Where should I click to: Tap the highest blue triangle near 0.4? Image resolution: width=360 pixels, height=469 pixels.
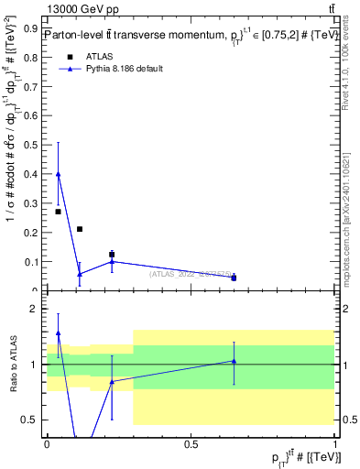(59, 174)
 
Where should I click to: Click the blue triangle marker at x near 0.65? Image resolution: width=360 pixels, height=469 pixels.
(234, 277)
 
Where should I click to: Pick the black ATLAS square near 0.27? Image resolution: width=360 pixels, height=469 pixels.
(59, 212)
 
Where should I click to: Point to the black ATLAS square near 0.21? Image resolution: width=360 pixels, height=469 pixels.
(80, 229)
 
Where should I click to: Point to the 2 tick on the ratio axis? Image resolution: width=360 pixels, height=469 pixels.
(34, 309)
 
